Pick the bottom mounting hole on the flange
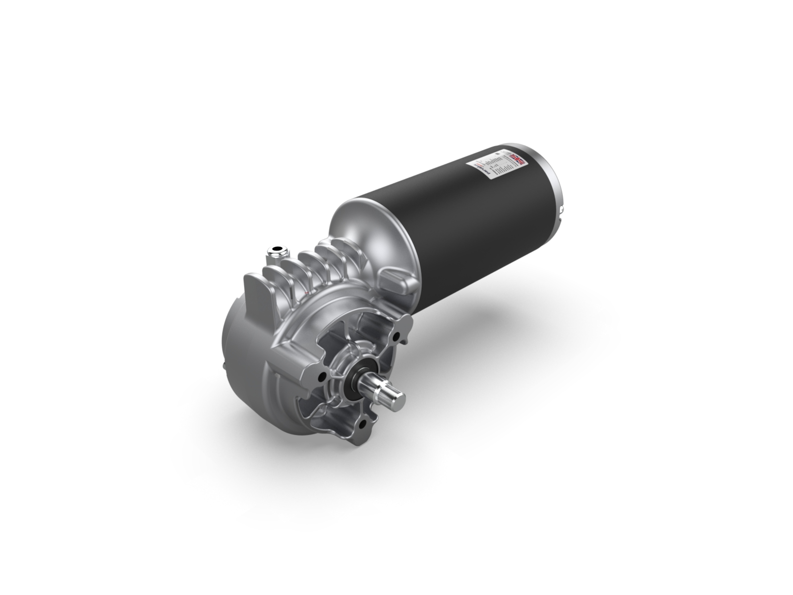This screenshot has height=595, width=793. pyautogui.click(x=362, y=424)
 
